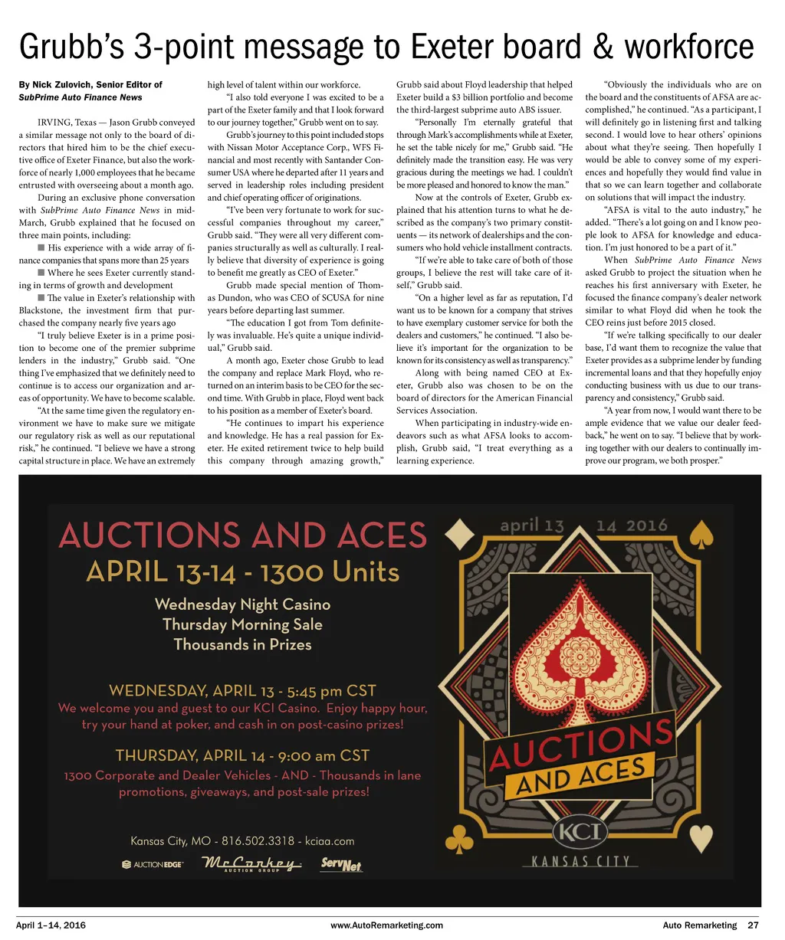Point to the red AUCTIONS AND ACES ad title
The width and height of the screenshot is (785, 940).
242,535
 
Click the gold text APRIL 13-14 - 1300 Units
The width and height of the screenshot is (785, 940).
242,572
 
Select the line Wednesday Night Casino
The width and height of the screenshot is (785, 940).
242,604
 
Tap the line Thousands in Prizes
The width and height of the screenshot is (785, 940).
242,644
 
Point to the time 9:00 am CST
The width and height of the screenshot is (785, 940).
321,755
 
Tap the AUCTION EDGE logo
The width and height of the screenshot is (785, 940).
153,865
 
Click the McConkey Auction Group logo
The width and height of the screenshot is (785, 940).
251,865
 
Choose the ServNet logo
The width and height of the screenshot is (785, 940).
341,865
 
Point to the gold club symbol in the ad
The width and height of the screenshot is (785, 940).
464,841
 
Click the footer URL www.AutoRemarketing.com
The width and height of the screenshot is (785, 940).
386,925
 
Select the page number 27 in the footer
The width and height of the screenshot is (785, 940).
753,925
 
